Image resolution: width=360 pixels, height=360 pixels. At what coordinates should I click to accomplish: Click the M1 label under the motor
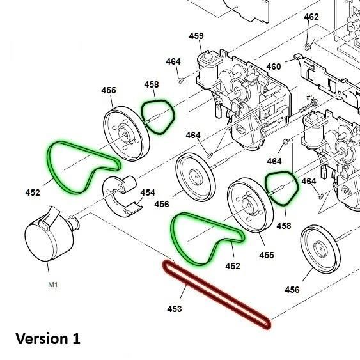click(53, 285)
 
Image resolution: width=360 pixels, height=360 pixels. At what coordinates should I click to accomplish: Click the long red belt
click(217, 294)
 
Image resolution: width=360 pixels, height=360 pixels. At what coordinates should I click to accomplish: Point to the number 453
click(175, 309)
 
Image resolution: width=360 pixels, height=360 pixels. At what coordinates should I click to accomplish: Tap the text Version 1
click(48, 338)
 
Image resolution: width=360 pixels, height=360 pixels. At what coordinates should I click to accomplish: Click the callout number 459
click(196, 36)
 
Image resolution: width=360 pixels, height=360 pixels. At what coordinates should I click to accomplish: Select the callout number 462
click(311, 17)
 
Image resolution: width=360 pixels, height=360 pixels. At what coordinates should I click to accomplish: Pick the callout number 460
click(273, 67)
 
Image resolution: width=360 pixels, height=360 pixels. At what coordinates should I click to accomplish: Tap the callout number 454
click(148, 192)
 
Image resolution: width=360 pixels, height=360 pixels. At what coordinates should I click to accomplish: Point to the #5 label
click(312, 97)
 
